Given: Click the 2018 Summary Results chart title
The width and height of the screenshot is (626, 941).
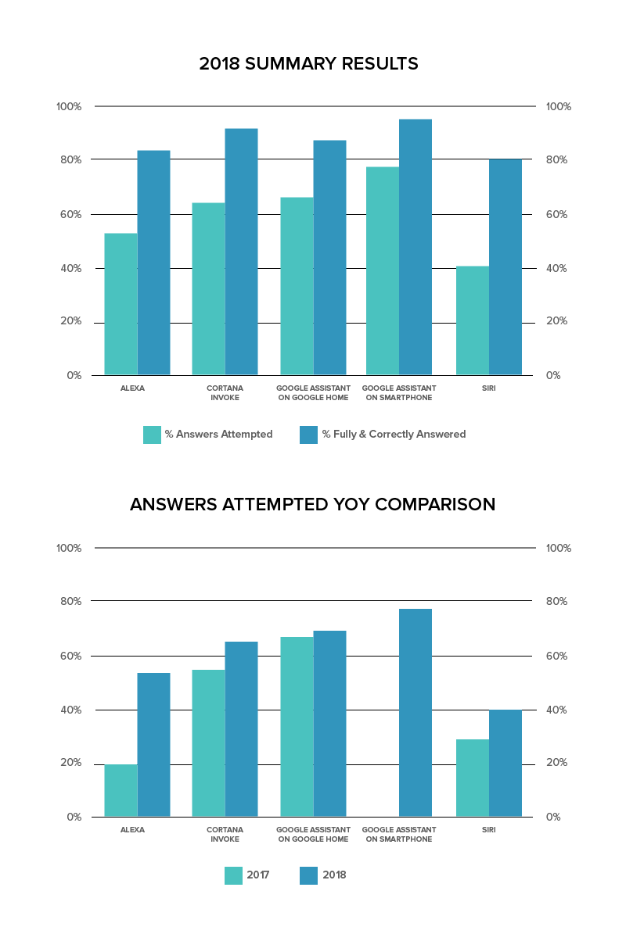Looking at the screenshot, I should click(308, 64).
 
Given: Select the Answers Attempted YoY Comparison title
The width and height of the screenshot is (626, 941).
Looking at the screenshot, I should click(312, 505).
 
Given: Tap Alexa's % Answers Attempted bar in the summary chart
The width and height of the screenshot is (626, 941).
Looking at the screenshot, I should click(121, 304).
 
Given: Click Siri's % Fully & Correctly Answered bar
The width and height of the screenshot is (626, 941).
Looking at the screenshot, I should click(505, 267).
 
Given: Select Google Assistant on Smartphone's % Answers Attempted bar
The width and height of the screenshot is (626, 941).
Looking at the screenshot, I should click(382, 270).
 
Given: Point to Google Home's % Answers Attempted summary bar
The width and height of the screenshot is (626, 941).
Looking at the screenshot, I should click(297, 286).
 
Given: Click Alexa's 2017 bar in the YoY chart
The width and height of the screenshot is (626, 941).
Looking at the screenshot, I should click(121, 790).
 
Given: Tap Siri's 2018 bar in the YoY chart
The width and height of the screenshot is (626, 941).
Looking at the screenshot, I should click(505, 763).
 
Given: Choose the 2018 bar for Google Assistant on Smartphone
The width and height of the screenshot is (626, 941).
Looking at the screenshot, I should click(416, 713).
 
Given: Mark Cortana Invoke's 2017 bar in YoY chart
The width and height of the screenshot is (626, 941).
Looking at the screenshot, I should click(208, 743).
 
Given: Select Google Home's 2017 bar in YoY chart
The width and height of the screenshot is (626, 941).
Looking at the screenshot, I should click(297, 727).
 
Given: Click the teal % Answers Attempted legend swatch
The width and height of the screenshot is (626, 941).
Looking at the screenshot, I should click(152, 435).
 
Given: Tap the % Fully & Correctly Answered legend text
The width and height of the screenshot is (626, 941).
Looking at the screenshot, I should click(394, 435).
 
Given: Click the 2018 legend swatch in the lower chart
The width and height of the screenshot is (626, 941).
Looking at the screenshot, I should click(308, 875).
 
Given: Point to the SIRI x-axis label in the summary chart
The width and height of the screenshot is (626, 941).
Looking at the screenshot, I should click(489, 388).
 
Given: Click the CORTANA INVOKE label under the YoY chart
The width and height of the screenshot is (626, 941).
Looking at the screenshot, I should click(225, 834).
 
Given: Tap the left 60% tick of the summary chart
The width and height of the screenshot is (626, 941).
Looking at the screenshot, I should click(69, 214).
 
